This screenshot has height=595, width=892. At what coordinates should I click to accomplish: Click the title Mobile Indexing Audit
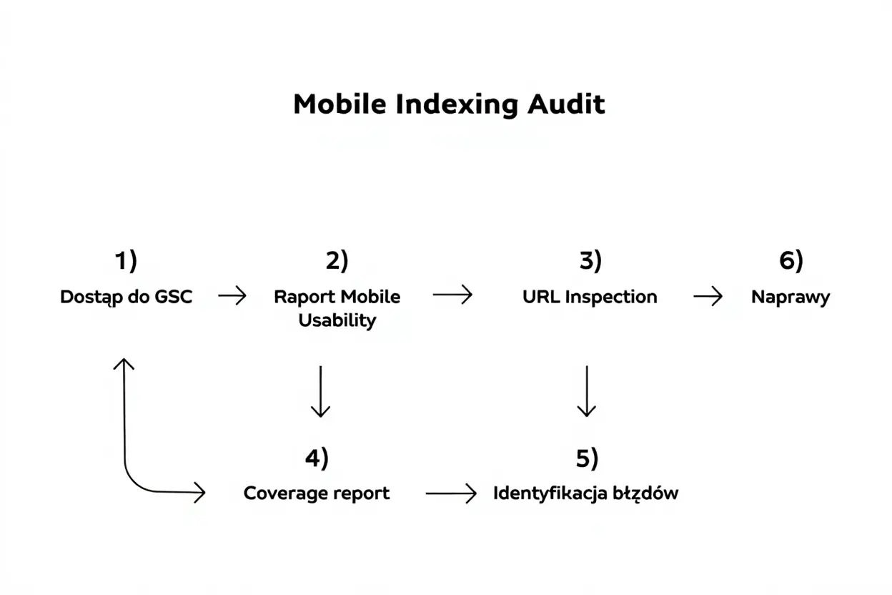click(449, 104)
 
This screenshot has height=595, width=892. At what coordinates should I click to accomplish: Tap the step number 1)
click(126, 262)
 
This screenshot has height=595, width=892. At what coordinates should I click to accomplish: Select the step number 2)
click(337, 262)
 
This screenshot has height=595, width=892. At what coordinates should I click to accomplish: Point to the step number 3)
click(590, 262)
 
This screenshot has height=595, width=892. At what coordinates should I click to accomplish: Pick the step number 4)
click(317, 458)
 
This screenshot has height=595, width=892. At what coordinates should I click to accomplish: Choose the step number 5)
click(587, 458)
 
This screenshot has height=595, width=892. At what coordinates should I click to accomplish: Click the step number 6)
click(791, 262)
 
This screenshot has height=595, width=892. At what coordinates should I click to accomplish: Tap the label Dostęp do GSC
click(127, 297)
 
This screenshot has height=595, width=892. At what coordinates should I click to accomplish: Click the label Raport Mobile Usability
click(337, 308)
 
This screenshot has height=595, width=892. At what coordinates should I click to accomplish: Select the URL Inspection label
click(590, 297)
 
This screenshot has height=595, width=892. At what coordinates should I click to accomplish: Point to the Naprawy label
click(791, 297)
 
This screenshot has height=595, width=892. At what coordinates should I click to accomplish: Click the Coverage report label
click(317, 493)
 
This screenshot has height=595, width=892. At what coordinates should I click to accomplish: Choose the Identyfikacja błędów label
click(585, 493)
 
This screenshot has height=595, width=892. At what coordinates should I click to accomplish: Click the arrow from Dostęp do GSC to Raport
click(232, 295)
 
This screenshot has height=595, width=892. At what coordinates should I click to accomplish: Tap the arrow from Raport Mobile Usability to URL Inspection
click(452, 295)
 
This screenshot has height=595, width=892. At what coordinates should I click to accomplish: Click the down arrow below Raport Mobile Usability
click(320, 391)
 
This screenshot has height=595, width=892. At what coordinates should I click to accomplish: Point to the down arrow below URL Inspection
click(586, 391)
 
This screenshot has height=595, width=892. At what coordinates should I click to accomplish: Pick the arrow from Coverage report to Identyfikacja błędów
click(450, 493)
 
